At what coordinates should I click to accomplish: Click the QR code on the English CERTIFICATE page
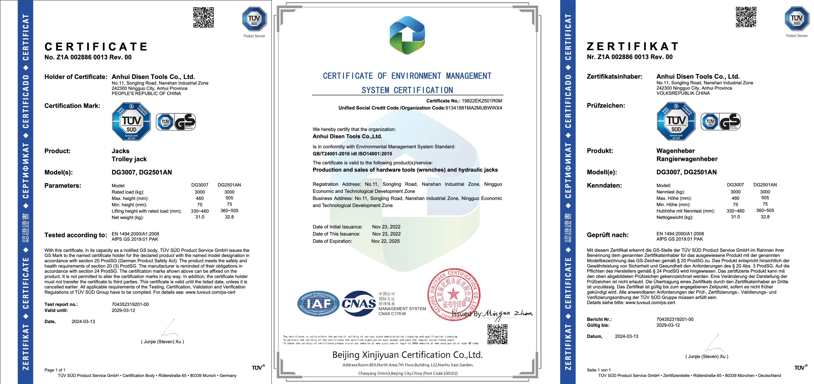[203, 17]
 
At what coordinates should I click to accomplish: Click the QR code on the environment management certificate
[497, 334]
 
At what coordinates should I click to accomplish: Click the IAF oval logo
[318, 304]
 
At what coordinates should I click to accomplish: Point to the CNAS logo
[359, 304]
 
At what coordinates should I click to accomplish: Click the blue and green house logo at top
[407, 35]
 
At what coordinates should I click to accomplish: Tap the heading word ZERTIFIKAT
[632, 46]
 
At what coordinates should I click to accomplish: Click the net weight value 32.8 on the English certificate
[229, 217]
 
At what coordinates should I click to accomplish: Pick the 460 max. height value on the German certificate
[735, 198]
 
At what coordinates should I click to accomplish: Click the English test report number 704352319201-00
[130, 304]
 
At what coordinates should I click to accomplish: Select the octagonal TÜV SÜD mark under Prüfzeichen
[676, 121]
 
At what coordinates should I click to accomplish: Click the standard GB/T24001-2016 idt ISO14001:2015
[352, 154]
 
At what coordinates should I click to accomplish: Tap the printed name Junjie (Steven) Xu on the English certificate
[162, 342]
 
